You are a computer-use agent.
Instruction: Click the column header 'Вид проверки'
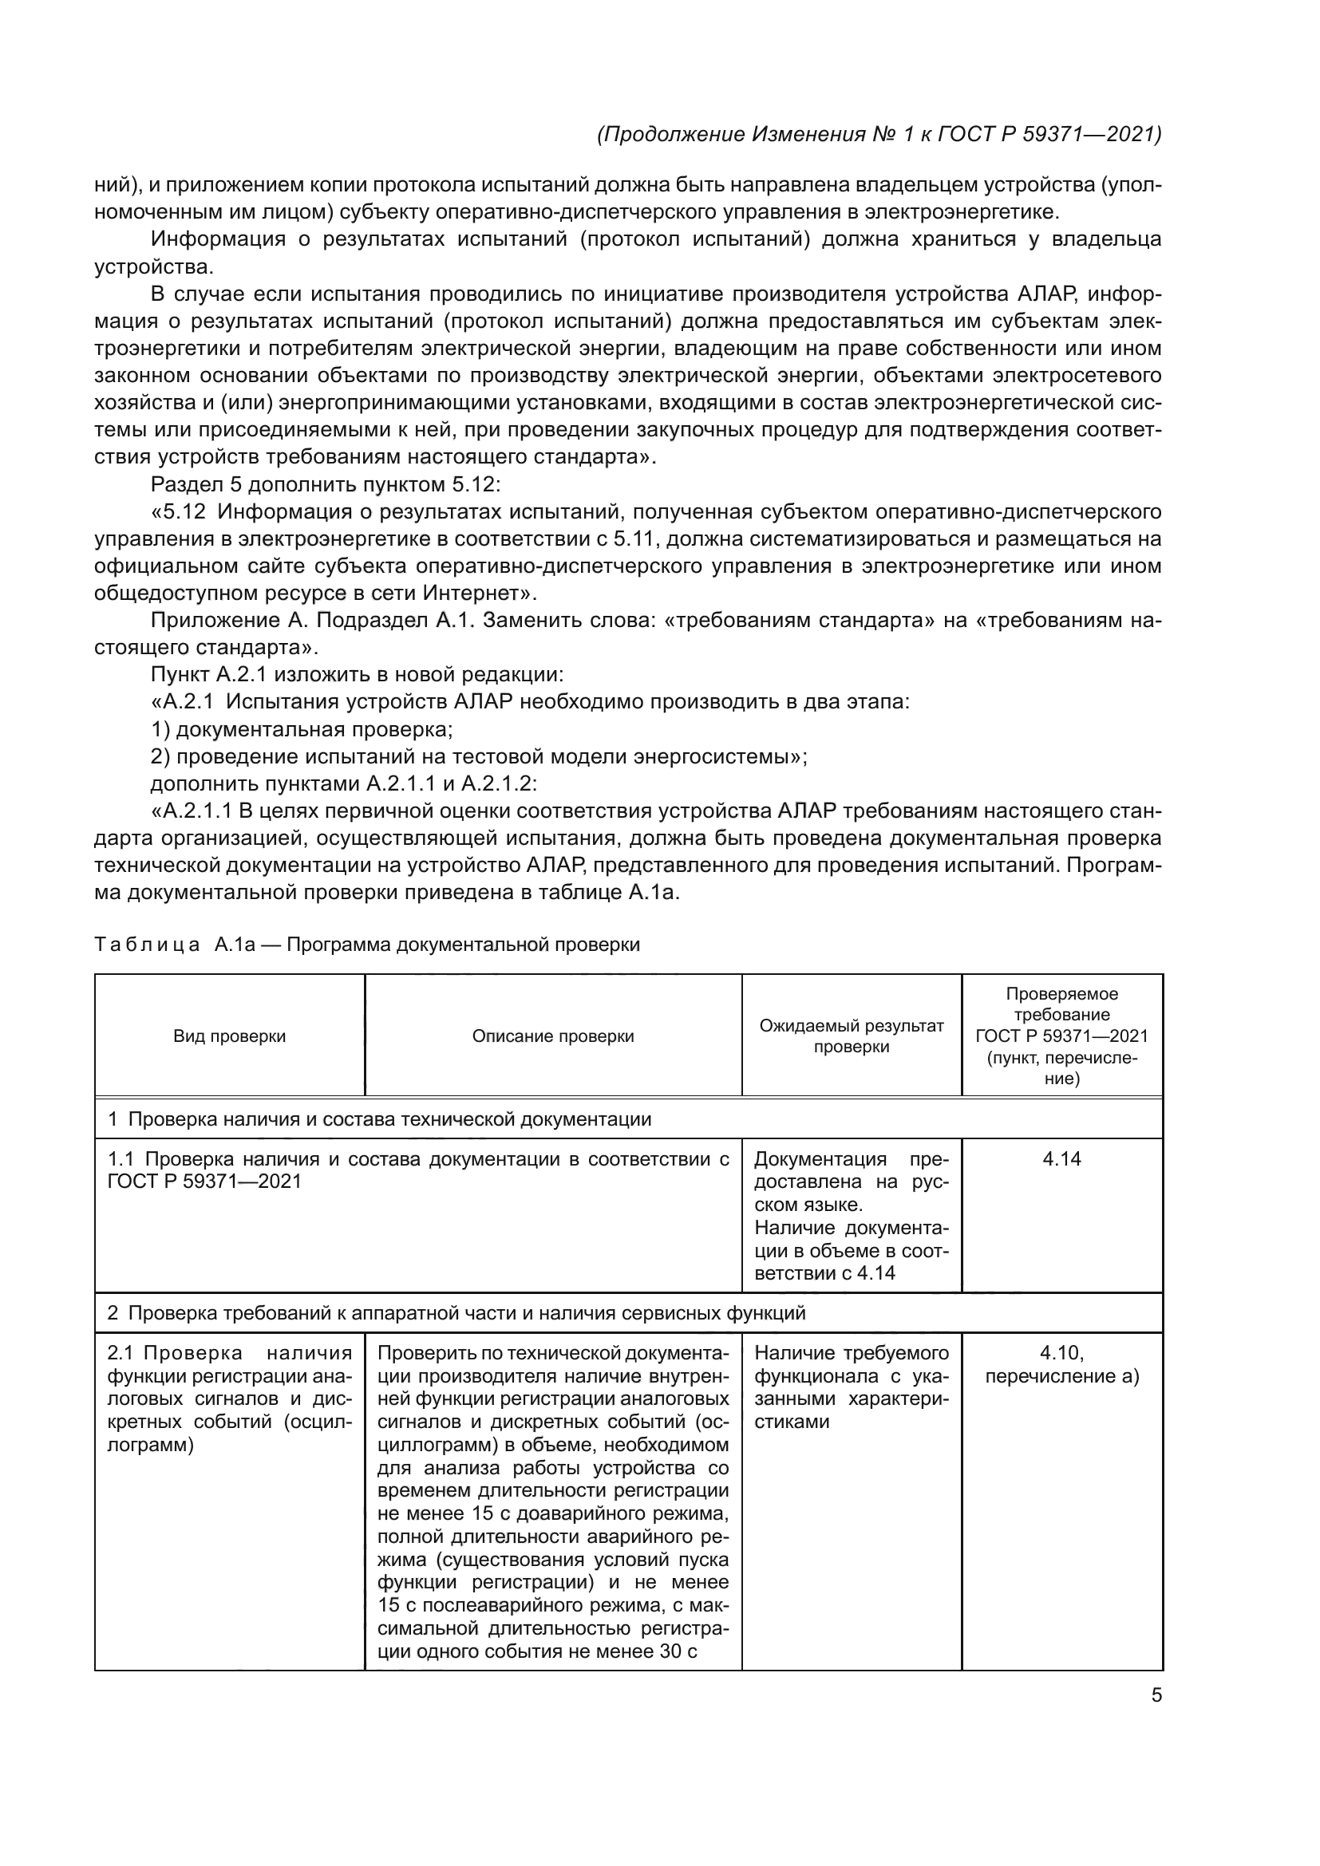pos(229,1036)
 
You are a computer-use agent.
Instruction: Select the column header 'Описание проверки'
pos(553,1036)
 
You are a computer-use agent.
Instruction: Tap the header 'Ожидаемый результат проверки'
pos(851,1036)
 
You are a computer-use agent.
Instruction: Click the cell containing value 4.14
pos(1061,1159)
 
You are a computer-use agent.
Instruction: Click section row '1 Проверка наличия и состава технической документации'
pos(380,1119)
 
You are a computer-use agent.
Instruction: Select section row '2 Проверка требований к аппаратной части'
pos(456,1312)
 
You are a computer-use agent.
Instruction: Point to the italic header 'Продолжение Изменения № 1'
pos(878,134)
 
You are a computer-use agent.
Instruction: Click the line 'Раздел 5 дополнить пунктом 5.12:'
pos(326,484)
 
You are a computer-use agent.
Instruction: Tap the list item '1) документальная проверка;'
pos(302,729)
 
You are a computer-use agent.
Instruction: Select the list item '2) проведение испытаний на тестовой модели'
pos(478,756)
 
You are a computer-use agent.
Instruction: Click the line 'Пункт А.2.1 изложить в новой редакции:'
pos(357,675)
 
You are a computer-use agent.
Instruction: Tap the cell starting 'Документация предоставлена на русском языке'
pos(851,1215)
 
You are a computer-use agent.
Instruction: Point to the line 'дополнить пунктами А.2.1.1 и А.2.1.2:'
pos(344,783)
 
